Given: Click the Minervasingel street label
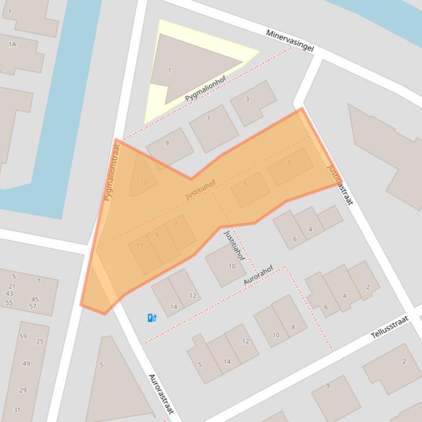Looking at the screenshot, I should point(290,41).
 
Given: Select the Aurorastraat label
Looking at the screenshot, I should point(161,394).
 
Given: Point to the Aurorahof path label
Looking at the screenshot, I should point(258,275).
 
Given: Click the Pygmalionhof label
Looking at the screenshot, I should point(205,89).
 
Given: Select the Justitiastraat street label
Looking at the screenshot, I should point(340,185).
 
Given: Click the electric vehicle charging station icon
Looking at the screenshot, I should point(152,317).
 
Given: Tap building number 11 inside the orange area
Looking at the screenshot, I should point(140,246).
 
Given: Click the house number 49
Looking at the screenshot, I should point(26,364).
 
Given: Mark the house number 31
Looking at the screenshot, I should point(17,410).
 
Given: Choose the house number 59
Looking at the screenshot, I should point(23,337).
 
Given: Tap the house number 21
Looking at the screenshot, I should point(12,286).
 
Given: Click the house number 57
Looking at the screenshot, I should point(33,306).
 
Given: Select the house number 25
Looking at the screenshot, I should point(40,341).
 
